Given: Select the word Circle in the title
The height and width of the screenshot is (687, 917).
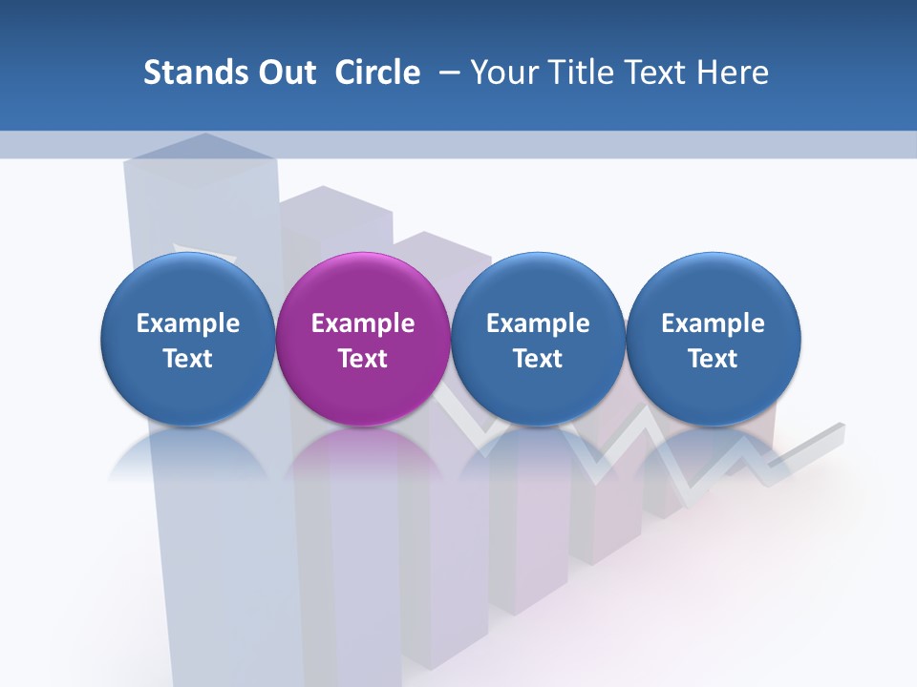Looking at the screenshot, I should (377, 73).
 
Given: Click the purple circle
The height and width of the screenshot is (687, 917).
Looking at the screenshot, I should (363, 339).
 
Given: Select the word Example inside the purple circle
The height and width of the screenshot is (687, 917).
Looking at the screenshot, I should (363, 323).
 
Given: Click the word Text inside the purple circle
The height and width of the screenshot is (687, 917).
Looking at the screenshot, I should (363, 359).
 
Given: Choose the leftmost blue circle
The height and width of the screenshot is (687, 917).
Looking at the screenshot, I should (188, 339).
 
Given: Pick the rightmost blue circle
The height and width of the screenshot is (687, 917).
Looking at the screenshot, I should (714, 339).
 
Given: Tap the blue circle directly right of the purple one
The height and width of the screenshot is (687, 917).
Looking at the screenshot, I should (538, 339).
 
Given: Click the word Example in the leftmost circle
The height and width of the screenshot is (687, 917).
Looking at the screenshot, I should (188, 323).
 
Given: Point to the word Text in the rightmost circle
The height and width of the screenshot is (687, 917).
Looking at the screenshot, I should (714, 359).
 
